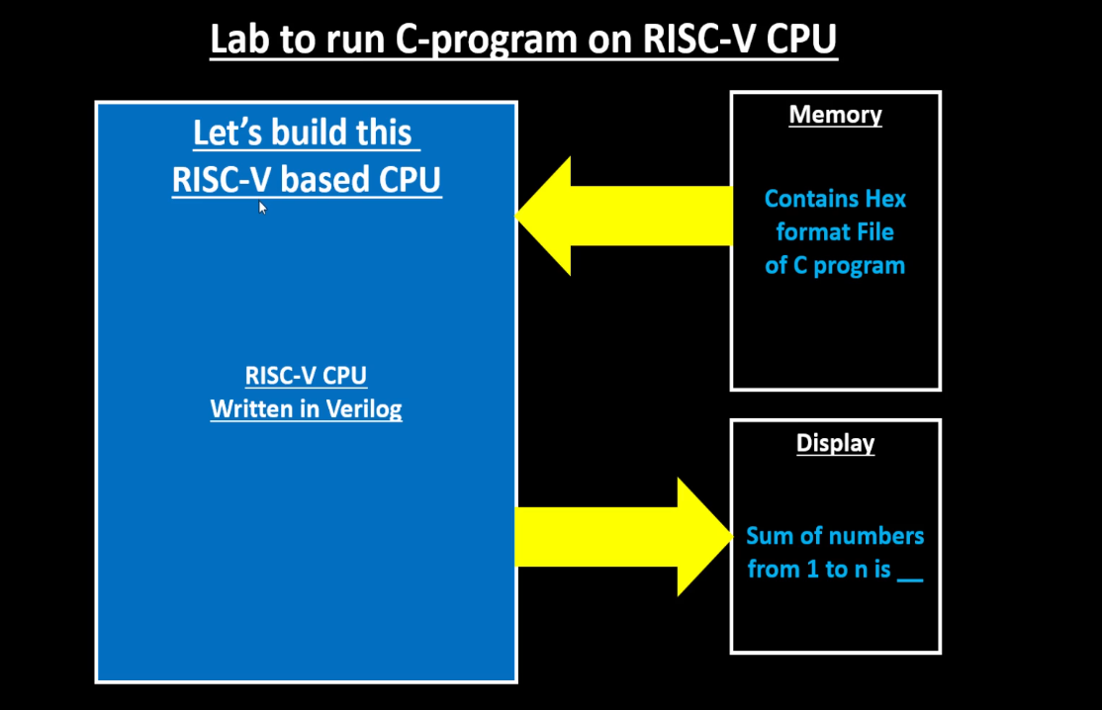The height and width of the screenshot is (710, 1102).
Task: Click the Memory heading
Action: pyautogui.click(x=835, y=115)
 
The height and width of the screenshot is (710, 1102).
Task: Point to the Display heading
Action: pyautogui.click(x=835, y=443)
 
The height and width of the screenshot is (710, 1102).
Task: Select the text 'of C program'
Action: pyautogui.click(x=835, y=266)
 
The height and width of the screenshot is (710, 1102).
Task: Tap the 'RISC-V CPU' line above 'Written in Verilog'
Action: pyautogui.click(x=306, y=376)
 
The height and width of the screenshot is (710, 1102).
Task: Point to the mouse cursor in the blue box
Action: pyautogui.click(x=262, y=207)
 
